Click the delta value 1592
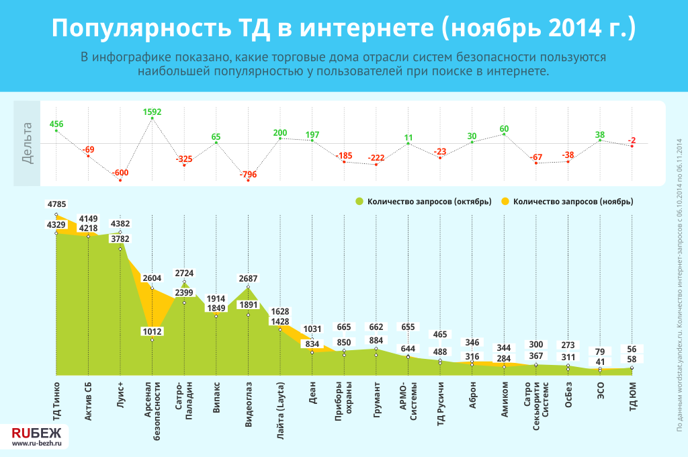point(153,112)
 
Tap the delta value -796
point(248,175)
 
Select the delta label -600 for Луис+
point(120,173)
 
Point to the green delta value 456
point(56,124)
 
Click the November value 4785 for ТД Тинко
point(56,203)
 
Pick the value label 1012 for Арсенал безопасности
point(153,330)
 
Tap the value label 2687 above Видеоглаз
point(248,278)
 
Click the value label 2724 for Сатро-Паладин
point(184,274)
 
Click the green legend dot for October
point(360,201)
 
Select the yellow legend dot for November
point(506,201)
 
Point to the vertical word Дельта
point(26,142)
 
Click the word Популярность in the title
point(136,28)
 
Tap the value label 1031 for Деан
point(312,329)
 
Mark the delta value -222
point(376,158)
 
